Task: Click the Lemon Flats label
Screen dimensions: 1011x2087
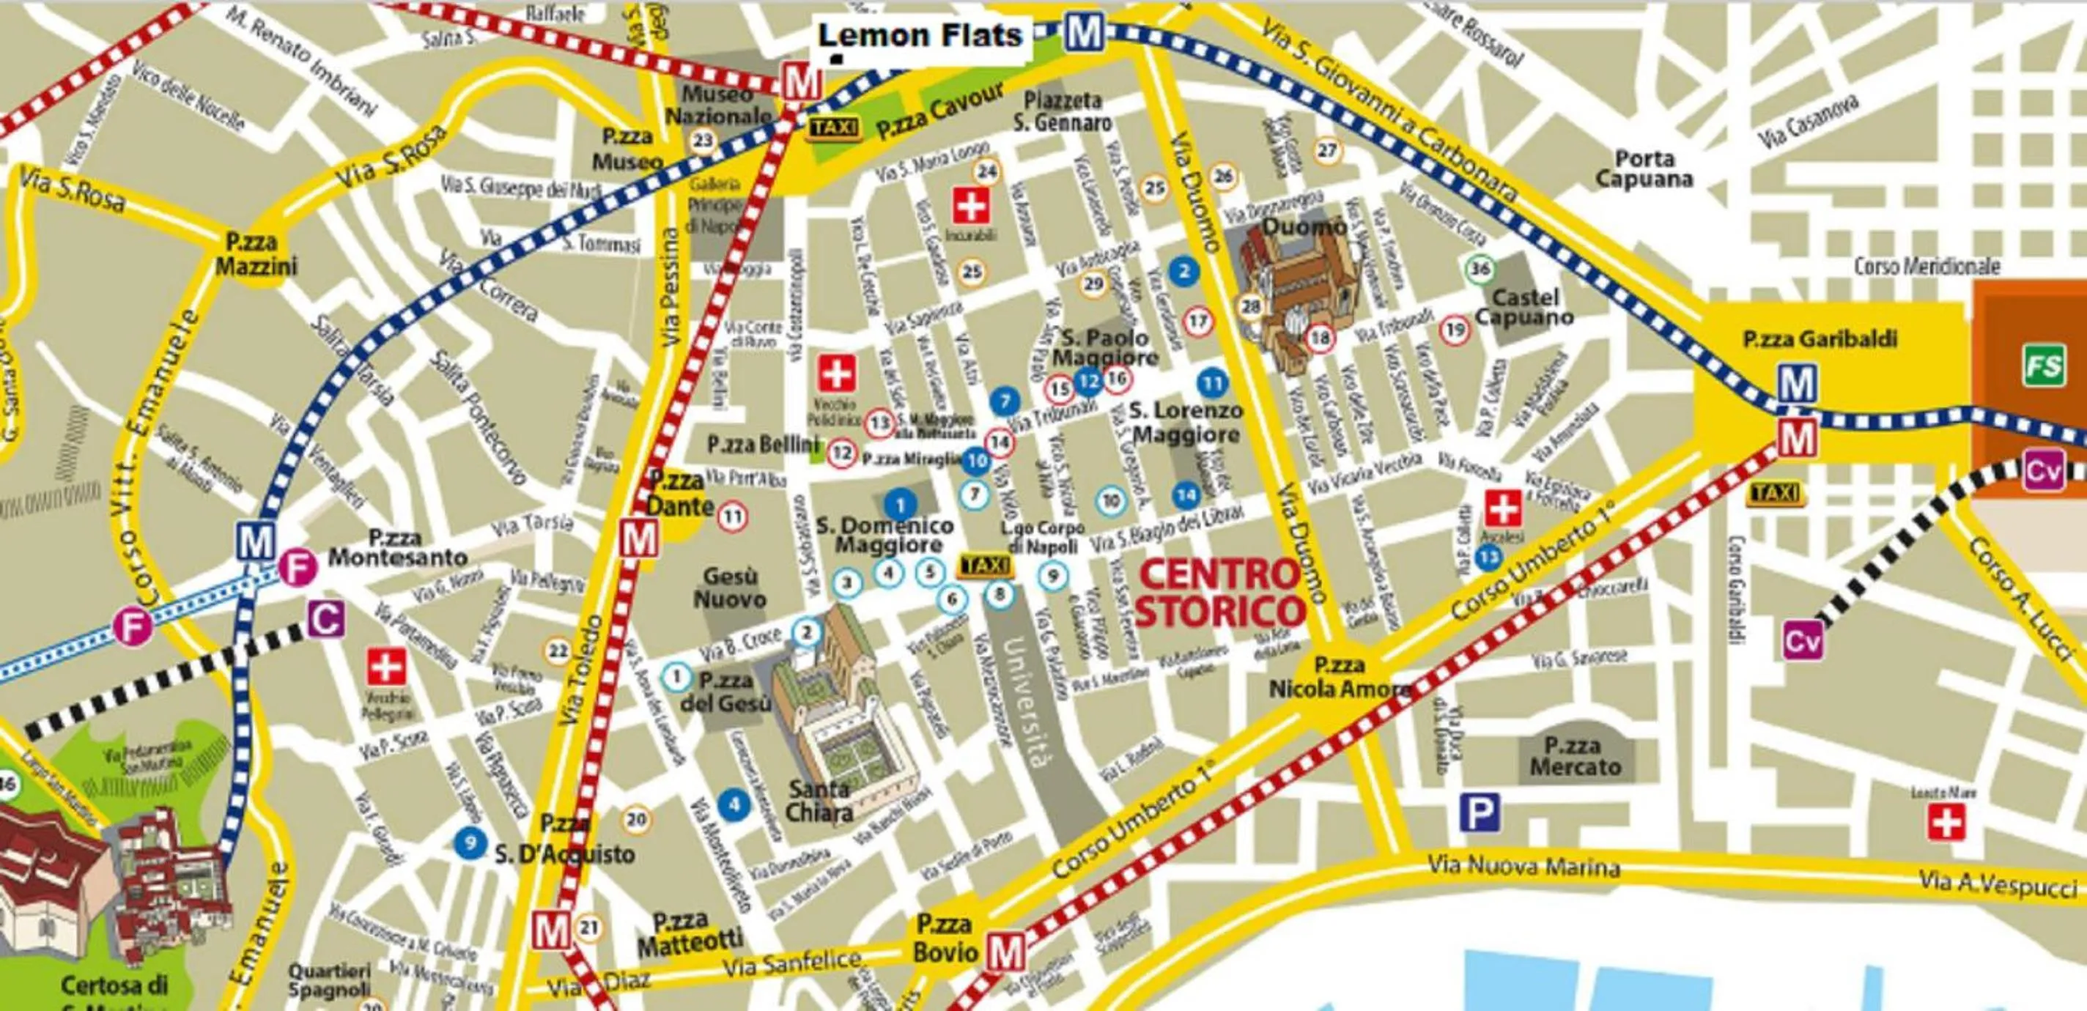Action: (920, 37)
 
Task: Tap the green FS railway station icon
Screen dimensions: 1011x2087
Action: (2043, 367)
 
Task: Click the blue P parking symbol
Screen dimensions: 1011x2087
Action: (1480, 812)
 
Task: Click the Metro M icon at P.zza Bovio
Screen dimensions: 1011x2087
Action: (1005, 952)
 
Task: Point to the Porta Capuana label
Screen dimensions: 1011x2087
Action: (1644, 168)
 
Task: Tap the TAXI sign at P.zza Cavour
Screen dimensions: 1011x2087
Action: (835, 129)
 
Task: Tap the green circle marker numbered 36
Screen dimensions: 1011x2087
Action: (1480, 268)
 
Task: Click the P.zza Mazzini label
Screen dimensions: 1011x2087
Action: (251, 253)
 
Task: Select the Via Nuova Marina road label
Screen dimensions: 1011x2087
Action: (1523, 866)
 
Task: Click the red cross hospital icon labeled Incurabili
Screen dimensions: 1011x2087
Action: (969, 207)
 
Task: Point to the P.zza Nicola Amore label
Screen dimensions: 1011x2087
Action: (1338, 677)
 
